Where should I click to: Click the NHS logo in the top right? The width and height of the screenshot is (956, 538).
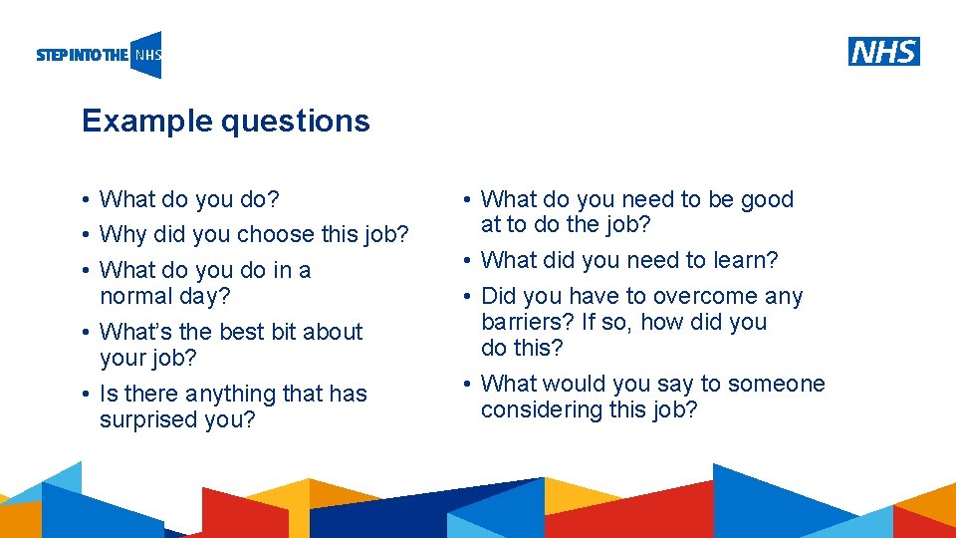[x=883, y=51]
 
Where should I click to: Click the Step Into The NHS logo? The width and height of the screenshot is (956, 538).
[x=99, y=56]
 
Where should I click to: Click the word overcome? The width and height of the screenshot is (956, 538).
[x=709, y=297]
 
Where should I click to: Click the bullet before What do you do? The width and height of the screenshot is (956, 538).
[x=88, y=200]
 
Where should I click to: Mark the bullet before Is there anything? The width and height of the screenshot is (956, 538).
[x=88, y=395]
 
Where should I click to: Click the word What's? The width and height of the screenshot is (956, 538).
[x=136, y=332]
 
